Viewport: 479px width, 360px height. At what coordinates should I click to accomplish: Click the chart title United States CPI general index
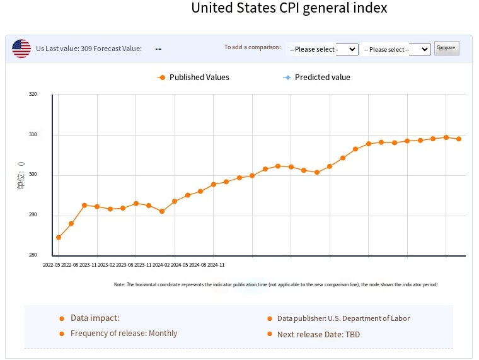(x=289, y=9)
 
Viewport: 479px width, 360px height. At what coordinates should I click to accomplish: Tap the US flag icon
(x=21, y=49)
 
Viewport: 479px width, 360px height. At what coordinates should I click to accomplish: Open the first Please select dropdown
(x=323, y=49)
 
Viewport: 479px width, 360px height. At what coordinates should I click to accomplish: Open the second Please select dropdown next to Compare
(x=396, y=49)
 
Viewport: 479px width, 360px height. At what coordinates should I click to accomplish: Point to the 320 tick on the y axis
(x=33, y=95)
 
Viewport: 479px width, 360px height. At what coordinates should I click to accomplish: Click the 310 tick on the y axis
(x=33, y=135)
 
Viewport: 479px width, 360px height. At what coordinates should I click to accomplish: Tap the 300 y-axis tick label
(x=33, y=175)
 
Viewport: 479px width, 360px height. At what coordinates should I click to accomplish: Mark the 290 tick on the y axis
(x=33, y=215)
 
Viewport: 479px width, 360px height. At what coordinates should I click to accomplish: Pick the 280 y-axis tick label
(x=33, y=255)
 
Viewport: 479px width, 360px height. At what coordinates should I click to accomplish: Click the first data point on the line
(x=59, y=238)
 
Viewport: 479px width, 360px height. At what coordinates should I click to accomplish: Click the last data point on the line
(x=459, y=139)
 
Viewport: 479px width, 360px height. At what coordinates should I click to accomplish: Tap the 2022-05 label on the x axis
(x=52, y=265)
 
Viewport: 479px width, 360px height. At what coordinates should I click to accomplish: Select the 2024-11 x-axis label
(x=216, y=265)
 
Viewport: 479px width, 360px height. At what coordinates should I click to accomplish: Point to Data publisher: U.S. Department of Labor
(x=343, y=318)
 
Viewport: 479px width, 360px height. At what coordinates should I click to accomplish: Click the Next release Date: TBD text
(x=318, y=334)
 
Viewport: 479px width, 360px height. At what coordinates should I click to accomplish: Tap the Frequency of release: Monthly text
(x=124, y=334)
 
